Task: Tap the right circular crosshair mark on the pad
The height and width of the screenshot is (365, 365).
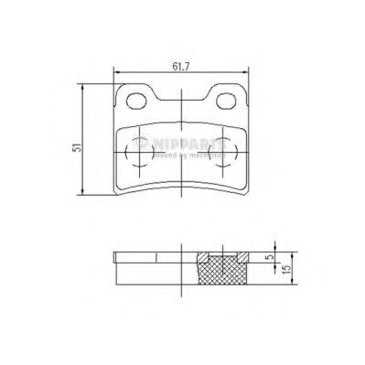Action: pyautogui.click(x=222, y=150)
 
